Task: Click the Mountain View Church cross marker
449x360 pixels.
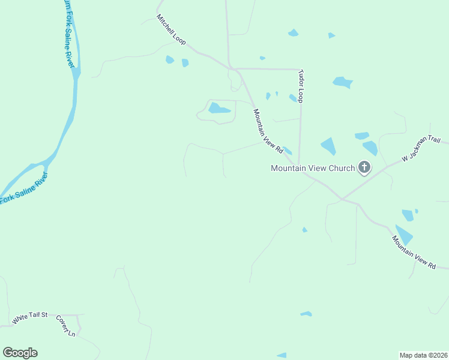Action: click(364, 167)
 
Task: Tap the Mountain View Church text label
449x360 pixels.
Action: click(313, 168)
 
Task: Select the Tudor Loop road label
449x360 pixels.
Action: click(301, 86)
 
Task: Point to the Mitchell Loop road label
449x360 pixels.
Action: click(171, 31)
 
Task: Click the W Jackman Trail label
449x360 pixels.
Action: click(421, 149)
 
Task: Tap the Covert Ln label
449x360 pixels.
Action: click(65, 326)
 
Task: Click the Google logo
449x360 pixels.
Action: click(20, 353)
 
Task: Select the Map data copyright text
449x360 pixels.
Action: click(423, 355)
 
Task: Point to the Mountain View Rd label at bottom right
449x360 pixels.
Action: click(414, 251)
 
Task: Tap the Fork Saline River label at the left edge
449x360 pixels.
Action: click(23, 190)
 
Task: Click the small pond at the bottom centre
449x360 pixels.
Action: click(306, 314)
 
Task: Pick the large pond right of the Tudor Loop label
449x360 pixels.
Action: click(342, 82)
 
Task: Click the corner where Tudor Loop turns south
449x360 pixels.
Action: click(299, 69)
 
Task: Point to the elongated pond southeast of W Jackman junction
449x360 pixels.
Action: click(404, 234)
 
